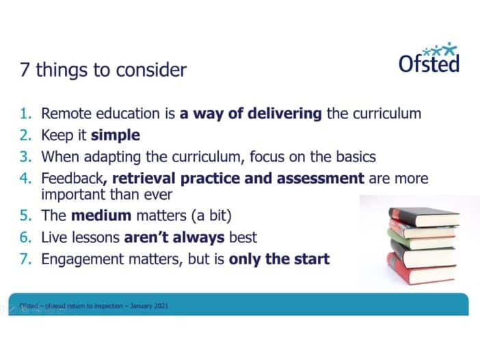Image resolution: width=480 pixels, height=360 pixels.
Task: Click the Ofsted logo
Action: (429, 57)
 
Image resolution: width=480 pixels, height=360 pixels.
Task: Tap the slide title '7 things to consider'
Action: (103, 70)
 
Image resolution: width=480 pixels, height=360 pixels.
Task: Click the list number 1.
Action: (26, 114)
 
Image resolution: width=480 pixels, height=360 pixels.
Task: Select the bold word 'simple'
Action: (116, 135)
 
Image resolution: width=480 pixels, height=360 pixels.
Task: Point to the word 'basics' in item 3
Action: (356, 157)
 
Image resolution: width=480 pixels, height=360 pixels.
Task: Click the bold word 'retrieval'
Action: (144, 179)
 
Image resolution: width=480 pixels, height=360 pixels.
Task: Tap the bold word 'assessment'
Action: (321, 179)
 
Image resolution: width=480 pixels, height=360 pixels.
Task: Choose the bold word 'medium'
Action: (101, 215)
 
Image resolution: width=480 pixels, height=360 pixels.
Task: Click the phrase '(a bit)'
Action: (211, 216)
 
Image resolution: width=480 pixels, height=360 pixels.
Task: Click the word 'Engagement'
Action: (82, 259)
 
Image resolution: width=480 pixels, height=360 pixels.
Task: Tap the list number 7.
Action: (26, 259)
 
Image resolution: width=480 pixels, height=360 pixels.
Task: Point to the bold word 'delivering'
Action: (284, 114)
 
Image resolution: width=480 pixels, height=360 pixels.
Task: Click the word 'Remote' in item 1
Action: (66, 114)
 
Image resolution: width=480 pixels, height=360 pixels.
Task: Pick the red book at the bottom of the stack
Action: (421, 269)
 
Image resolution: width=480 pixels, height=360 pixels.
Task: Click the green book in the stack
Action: (421, 240)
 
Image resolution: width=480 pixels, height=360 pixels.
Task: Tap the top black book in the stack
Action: (424, 216)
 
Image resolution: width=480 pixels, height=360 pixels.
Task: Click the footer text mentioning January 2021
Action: (94, 306)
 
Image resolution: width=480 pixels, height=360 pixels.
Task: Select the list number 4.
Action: (26, 179)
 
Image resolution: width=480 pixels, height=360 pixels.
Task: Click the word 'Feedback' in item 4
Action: (72, 179)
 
